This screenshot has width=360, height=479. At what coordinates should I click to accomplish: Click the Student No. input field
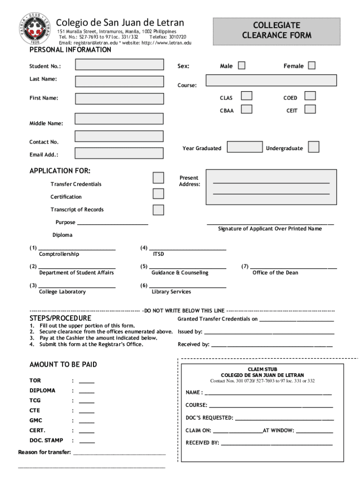(x=119, y=65)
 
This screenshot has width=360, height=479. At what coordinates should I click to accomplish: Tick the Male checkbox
(x=241, y=65)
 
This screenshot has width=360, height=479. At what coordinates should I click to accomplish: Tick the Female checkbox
(x=311, y=65)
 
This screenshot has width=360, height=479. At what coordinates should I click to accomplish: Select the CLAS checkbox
(x=247, y=96)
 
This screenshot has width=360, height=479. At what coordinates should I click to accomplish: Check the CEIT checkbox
(x=310, y=109)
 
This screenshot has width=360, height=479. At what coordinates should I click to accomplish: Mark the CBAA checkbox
(x=247, y=109)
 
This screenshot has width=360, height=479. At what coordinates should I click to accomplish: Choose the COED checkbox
(x=310, y=96)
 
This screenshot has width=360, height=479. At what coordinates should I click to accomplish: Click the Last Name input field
(x=119, y=81)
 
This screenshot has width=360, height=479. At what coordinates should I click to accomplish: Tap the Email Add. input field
(x=119, y=153)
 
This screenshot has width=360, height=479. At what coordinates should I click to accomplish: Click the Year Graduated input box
(x=245, y=147)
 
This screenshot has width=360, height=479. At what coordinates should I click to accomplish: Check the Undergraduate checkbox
(x=314, y=147)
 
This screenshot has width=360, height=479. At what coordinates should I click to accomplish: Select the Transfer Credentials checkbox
(x=158, y=178)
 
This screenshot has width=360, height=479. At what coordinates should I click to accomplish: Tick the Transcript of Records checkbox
(x=158, y=210)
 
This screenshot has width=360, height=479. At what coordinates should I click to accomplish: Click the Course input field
(x=271, y=80)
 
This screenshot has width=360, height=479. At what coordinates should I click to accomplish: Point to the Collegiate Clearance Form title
(x=276, y=30)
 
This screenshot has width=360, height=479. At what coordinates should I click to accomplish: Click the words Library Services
(x=171, y=292)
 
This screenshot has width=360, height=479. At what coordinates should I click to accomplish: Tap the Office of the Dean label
(x=275, y=273)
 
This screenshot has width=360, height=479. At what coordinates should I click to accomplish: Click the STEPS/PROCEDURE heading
(x=60, y=319)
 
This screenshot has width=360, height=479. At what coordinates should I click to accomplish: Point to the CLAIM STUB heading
(x=262, y=369)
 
